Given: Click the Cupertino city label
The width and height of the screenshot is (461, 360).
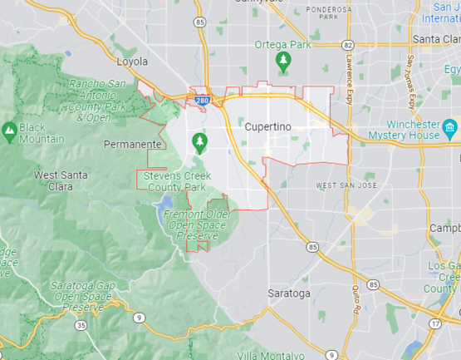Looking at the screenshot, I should click(267, 126).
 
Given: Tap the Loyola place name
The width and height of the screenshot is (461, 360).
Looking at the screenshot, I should click(132, 62).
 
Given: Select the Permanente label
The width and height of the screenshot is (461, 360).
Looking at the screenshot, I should click(132, 144).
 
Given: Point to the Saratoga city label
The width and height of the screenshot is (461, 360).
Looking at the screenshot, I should click(289, 293).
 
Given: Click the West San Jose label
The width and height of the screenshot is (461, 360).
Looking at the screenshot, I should click(346, 185).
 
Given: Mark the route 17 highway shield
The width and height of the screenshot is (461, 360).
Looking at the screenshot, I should click(436, 323).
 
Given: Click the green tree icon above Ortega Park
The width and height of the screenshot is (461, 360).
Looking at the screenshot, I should click(283, 61).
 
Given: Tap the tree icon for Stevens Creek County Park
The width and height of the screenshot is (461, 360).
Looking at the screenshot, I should click(199, 143).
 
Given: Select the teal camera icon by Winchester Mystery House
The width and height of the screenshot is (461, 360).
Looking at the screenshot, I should click(450, 128).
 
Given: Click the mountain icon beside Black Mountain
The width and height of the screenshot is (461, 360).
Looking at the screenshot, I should click(8, 130).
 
